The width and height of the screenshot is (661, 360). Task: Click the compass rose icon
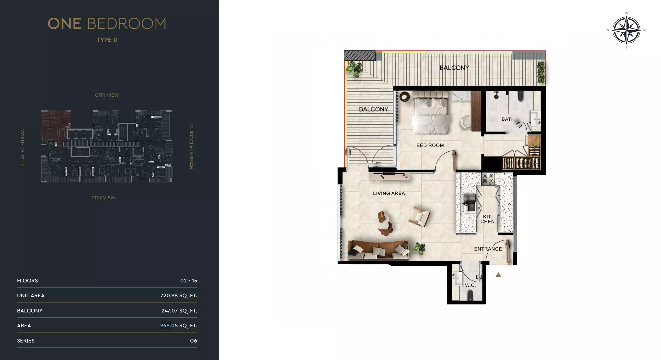click(x=626, y=30)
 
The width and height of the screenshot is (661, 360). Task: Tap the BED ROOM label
click(x=430, y=145)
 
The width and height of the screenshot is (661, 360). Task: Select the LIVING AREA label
click(x=389, y=193)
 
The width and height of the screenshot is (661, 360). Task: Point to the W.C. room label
click(x=470, y=285)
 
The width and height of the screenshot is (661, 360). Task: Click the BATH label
click(x=508, y=119)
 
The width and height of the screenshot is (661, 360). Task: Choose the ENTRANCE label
click(x=488, y=249)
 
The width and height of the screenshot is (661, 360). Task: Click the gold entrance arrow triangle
click(x=498, y=275)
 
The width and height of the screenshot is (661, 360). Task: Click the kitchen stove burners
click(x=488, y=179)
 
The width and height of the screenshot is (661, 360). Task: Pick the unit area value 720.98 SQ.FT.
click(x=179, y=295)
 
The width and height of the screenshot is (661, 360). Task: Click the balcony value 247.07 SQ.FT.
click(x=179, y=311)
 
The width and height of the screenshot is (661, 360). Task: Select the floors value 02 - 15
click(x=189, y=281)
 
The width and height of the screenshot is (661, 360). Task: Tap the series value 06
click(x=193, y=341)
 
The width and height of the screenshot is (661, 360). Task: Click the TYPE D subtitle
click(x=107, y=40)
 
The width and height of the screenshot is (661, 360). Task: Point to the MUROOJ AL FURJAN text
click(x=191, y=147)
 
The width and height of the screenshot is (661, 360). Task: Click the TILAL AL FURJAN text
click(x=22, y=147)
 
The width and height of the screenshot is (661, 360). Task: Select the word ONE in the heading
click(x=64, y=24)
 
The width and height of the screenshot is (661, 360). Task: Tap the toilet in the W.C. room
click(x=470, y=296)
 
